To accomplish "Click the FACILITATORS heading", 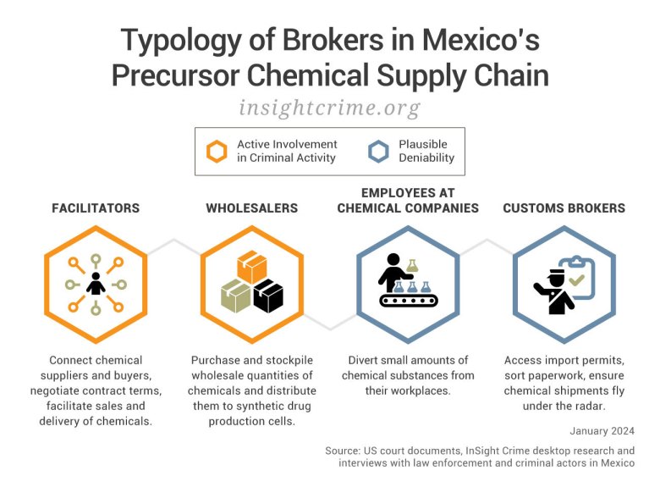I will (x=95, y=208).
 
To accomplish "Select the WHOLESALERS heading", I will (x=251, y=208).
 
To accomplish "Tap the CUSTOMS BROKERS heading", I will (x=564, y=208).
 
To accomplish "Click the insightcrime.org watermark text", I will (x=329, y=108).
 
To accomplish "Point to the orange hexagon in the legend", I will (x=217, y=152).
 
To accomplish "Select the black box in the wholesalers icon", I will (x=268, y=296).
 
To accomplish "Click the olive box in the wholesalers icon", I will (x=236, y=296).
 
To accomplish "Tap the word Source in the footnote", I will (x=342, y=451).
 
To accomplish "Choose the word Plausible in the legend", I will (x=423, y=144).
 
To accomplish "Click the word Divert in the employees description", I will (x=365, y=361).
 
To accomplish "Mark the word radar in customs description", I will (x=594, y=406).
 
